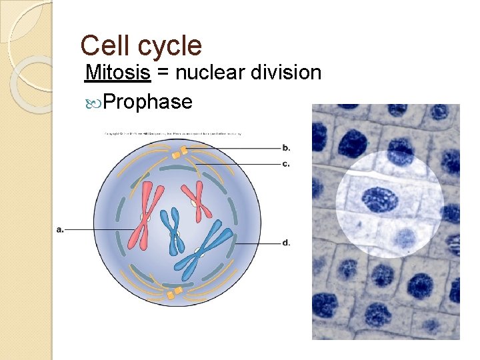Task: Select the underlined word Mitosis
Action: pyautogui.click(x=117, y=72)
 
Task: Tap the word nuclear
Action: pyautogui.click(x=218, y=72)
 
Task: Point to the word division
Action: pyautogui.click(x=291, y=72)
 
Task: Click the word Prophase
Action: pyautogui.click(x=148, y=101)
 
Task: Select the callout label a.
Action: pyautogui.click(x=60, y=229)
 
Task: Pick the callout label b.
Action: pyautogui.click(x=286, y=147)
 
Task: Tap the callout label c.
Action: pyautogui.click(x=286, y=164)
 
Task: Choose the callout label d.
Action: pyautogui.click(x=286, y=243)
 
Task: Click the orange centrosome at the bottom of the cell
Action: pyautogui.click(x=174, y=293)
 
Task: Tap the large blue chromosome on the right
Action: pyautogui.click(x=203, y=249)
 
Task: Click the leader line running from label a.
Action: pyautogui.click(x=100, y=229)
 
